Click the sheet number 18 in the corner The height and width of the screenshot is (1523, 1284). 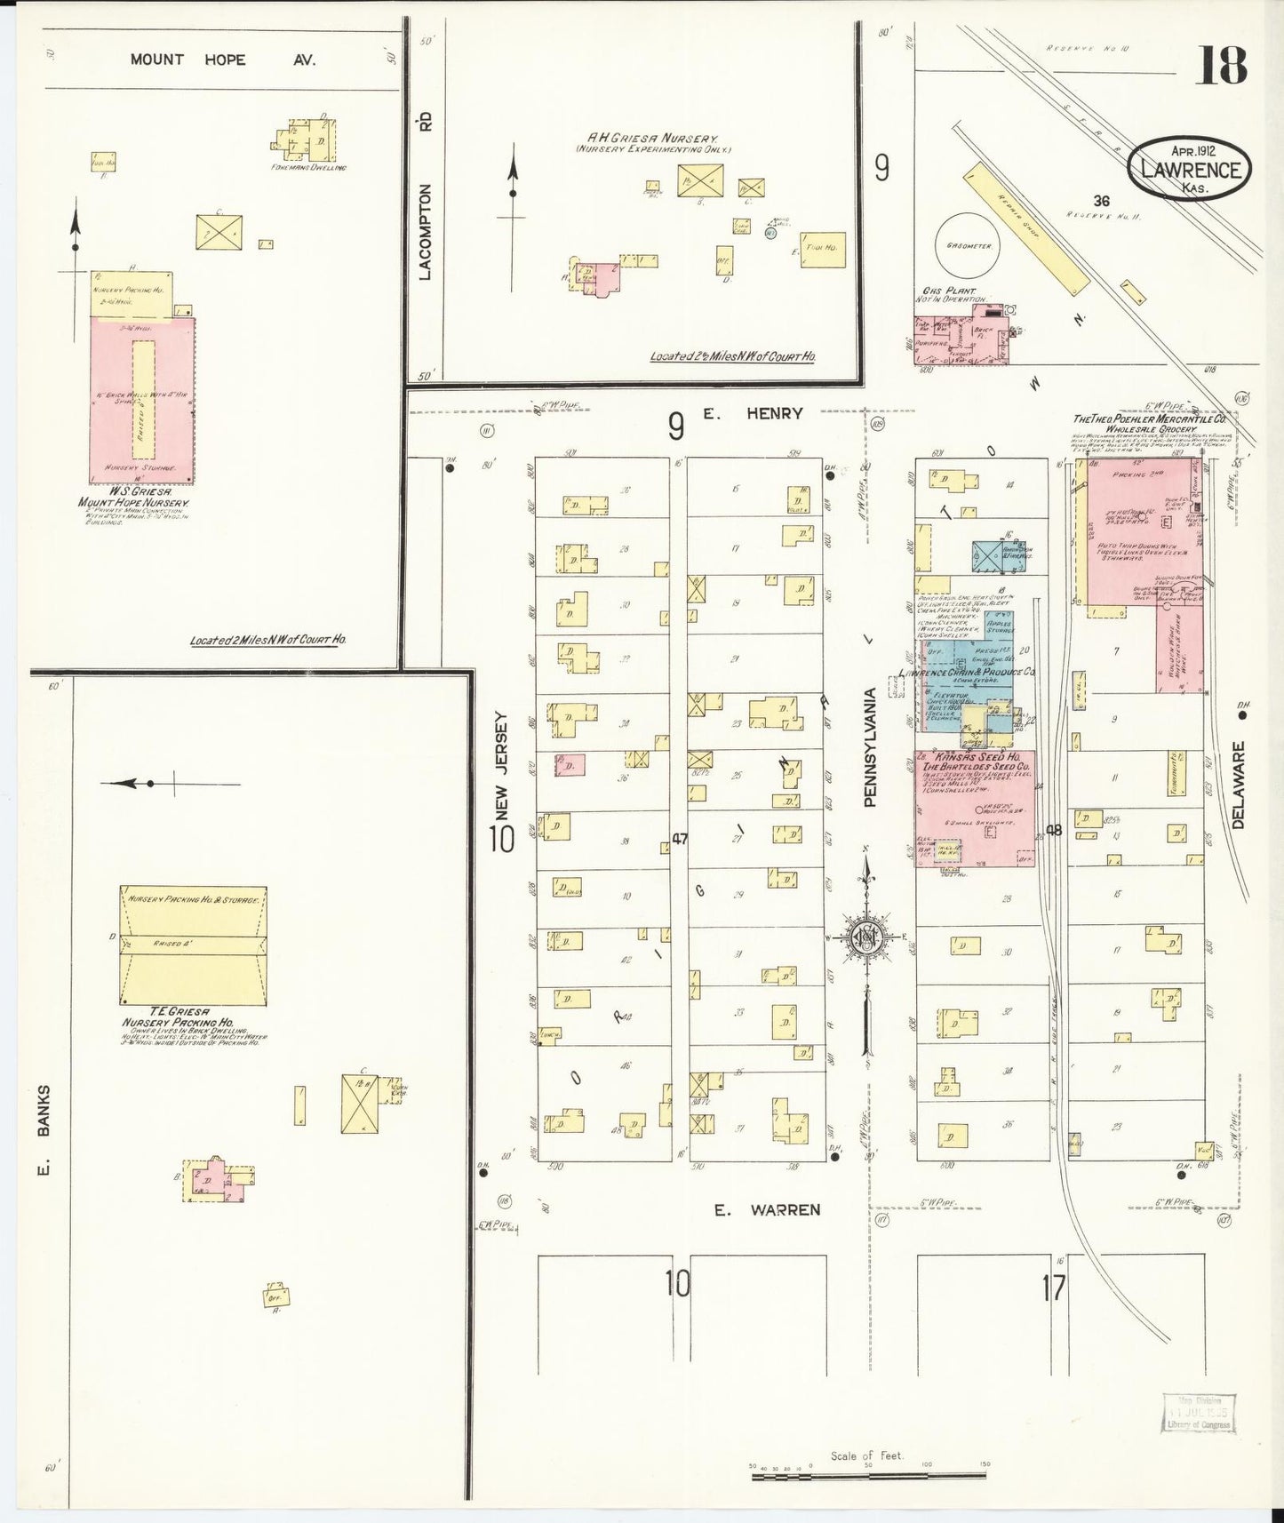1223,65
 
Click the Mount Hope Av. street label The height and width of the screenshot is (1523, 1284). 222,60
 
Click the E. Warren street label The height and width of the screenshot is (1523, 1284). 769,1209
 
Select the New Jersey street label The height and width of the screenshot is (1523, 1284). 502,765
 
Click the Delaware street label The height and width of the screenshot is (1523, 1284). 1240,785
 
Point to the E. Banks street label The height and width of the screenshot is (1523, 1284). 43,1128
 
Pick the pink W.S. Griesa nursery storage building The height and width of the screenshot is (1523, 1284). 142,400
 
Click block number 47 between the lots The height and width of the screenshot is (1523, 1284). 680,837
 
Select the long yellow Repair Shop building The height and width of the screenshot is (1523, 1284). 1026,227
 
